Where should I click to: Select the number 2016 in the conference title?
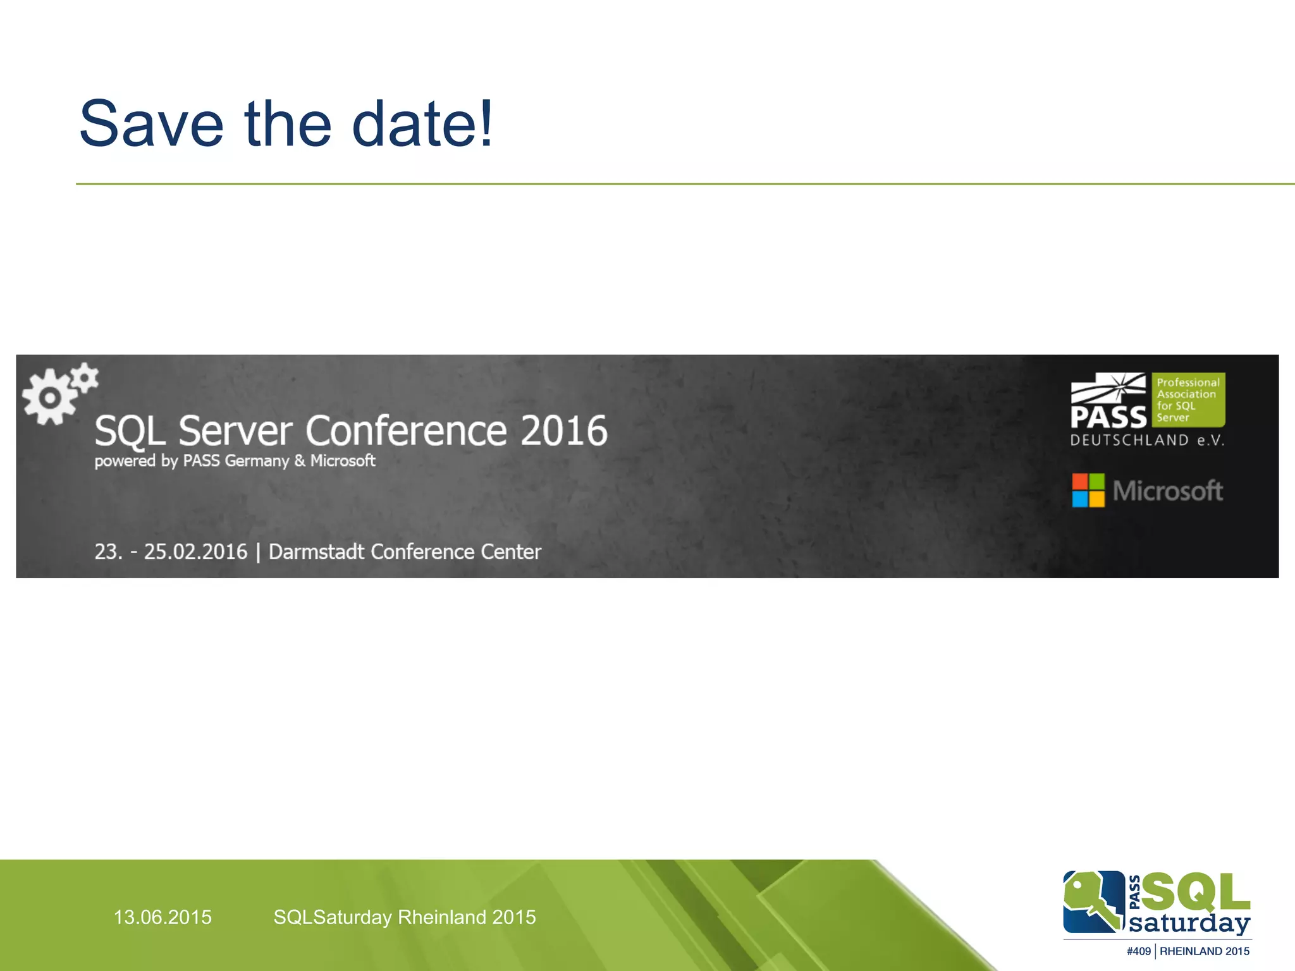point(564,431)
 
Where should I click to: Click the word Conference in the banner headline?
point(407,431)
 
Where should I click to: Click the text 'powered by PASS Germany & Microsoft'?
point(235,461)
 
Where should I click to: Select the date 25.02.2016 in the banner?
point(195,552)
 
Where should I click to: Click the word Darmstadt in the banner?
point(316,552)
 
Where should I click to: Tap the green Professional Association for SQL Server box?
point(1188,400)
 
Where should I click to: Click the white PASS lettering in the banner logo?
point(1108,417)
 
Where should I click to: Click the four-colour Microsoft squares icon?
point(1088,491)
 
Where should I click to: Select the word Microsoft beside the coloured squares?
point(1167,491)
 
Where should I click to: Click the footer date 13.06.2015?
point(163,917)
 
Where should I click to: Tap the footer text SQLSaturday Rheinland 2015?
point(405,917)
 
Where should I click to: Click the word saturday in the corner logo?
point(1189,924)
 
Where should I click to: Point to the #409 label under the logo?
point(1138,951)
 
